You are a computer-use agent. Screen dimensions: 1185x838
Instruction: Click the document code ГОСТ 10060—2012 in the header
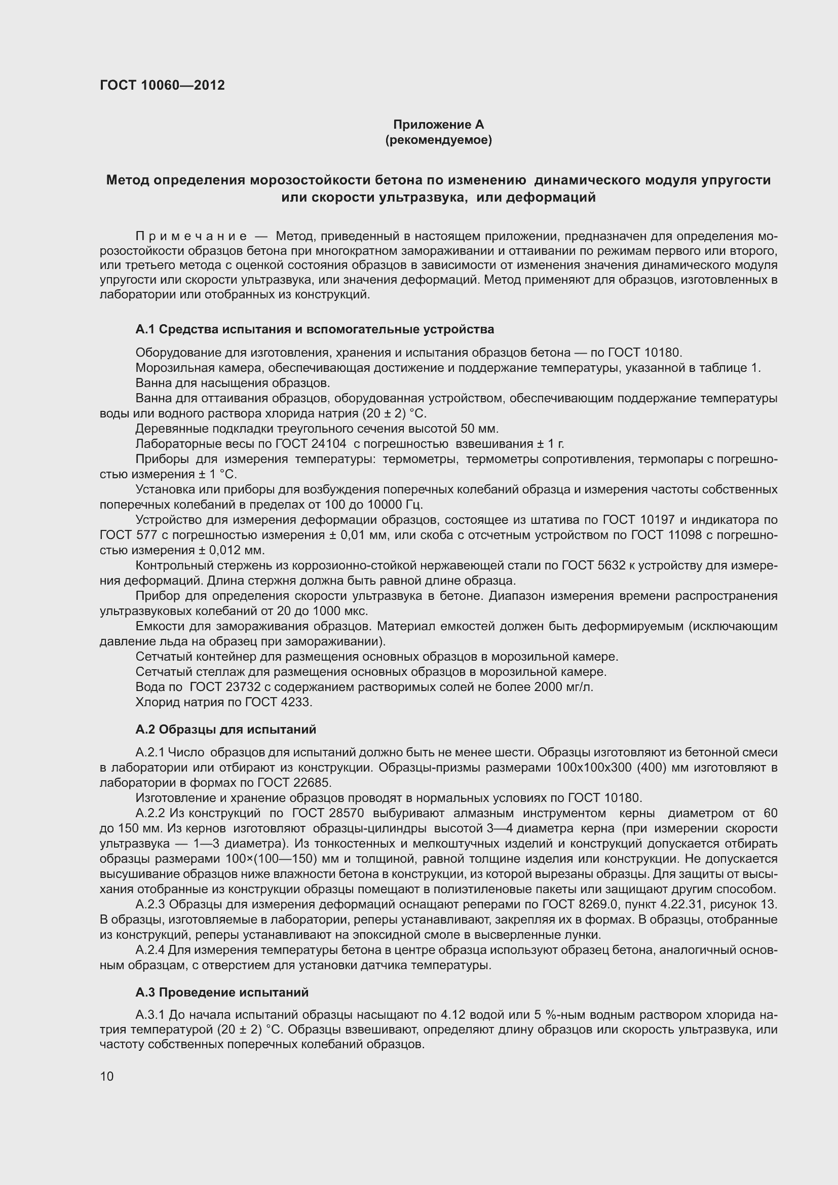[162, 85]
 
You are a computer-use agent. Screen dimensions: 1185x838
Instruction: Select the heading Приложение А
[439, 125]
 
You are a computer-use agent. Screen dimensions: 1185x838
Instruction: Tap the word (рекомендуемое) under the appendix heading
[439, 140]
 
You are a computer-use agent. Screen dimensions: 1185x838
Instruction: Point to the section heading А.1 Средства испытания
[315, 329]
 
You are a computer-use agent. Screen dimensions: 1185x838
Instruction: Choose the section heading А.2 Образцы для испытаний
[225, 729]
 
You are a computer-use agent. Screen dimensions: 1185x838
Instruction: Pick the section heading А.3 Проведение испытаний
[222, 992]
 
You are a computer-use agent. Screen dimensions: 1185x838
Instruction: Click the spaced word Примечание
[191, 237]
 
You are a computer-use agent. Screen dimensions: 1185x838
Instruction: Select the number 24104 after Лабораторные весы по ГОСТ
[328, 444]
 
